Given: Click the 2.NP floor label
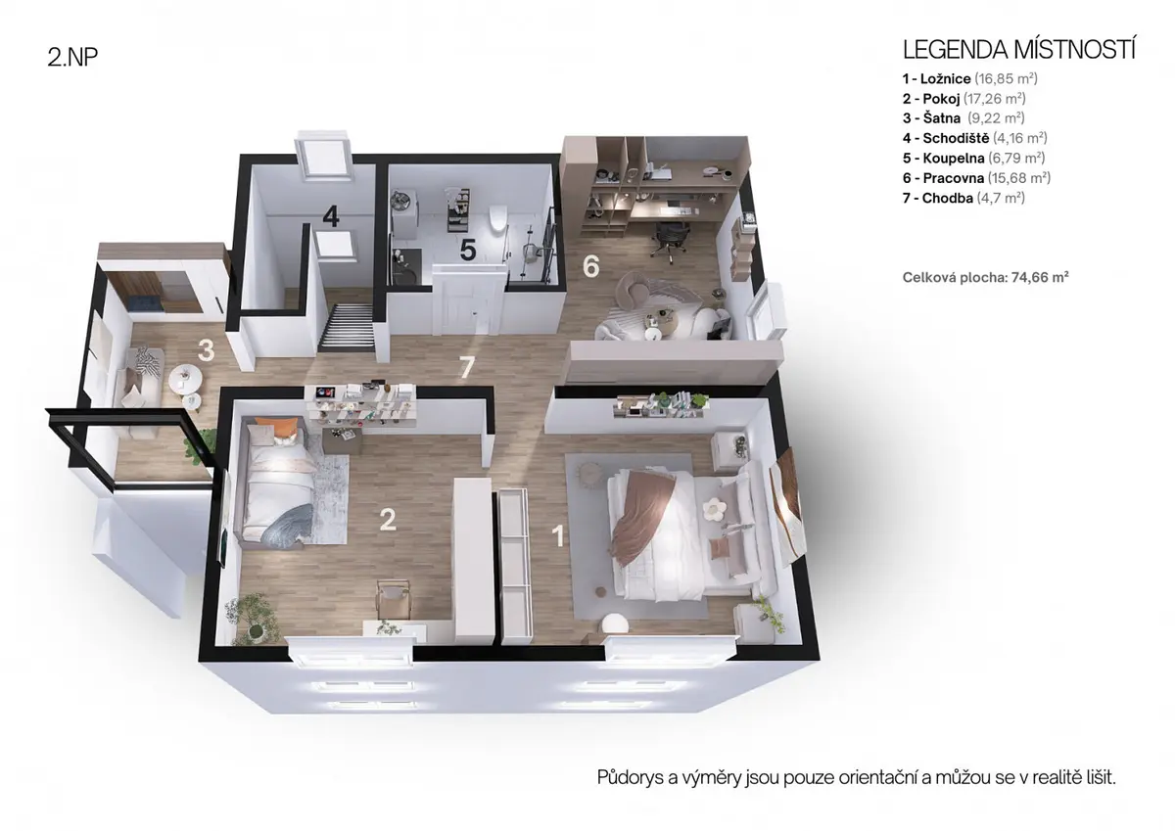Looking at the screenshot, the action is tap(72, 57).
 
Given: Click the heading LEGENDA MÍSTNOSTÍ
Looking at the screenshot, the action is tap(1018, 49).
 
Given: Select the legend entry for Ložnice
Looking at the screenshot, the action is tap(969, 78).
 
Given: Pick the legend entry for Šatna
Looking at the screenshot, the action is tap(963, 118).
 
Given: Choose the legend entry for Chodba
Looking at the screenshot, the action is tap(963, 198).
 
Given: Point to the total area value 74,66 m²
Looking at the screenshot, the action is tap(1040, 277).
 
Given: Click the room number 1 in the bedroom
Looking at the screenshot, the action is tap(558, 535).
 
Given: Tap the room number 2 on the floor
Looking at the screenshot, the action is tap(388, 519).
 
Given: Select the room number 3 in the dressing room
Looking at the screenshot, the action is tap(207, 350).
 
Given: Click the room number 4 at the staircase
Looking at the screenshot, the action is tap(331, 215).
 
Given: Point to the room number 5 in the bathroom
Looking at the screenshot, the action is tap(468, 250).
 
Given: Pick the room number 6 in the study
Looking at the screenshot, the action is tap(590, 266).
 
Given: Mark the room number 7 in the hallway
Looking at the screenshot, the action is tap(467, 367).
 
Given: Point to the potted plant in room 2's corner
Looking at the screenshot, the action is tap(252, 619).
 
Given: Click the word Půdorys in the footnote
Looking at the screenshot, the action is tap(630, 777).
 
